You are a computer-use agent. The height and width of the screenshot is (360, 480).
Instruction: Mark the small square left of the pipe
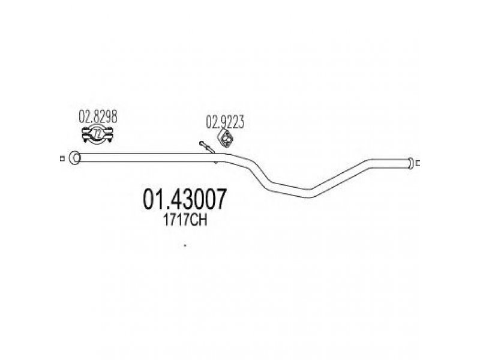(62, 158)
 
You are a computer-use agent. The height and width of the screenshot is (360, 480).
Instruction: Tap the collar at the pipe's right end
(410, 163)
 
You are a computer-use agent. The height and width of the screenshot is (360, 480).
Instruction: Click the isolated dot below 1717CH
(184, 244)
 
